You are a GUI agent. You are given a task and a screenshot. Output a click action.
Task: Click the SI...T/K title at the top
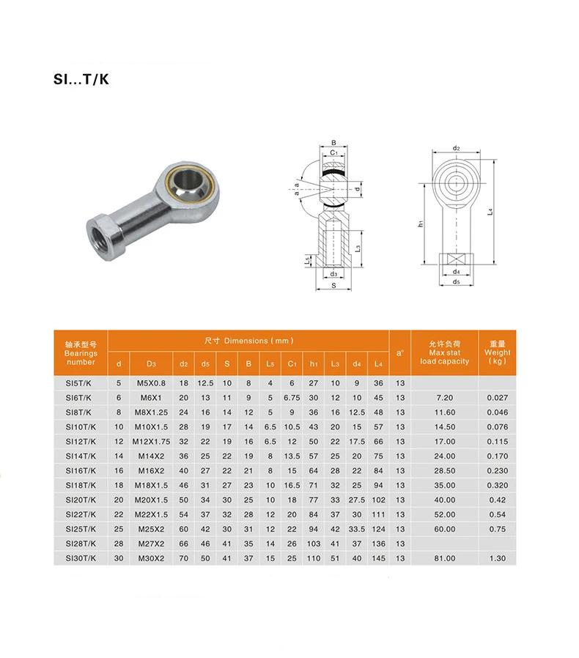tap(81, 79)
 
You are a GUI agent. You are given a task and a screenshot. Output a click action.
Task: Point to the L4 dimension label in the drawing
tap(490, 212)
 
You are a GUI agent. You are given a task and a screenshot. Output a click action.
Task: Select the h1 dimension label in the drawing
tap(421, 223)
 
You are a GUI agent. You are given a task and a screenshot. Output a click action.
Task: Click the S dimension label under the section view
tap(333, 285)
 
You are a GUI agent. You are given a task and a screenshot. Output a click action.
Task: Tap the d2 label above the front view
tap(457, 148)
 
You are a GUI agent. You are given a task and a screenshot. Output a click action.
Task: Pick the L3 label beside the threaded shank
tap(358, 248)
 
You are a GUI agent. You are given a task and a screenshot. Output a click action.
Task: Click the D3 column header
tap(151, 364)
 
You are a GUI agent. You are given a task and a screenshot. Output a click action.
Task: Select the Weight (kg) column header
tap(497, 352)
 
